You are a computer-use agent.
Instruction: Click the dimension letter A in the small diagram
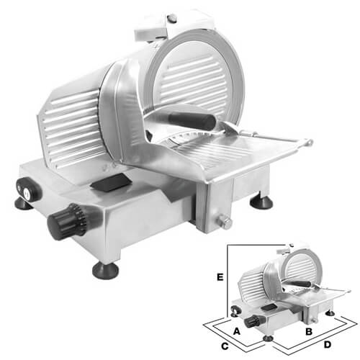[x=237, y=331]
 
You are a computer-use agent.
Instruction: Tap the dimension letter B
[x=309, y=331]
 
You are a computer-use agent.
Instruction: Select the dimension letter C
[x=225, y=346]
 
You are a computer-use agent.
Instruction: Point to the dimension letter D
[x=328, y=345]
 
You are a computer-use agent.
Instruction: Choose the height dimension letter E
[x=220, y=277]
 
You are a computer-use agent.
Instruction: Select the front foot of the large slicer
[x=106, y=271]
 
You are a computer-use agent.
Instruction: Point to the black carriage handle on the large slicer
[x=192, y=121]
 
